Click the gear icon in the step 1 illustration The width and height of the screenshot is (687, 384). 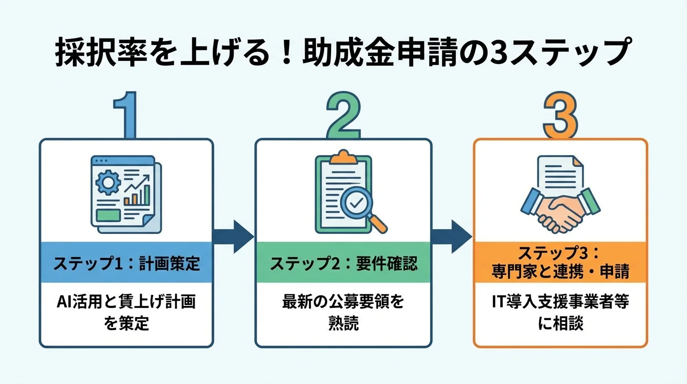point(106,183)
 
